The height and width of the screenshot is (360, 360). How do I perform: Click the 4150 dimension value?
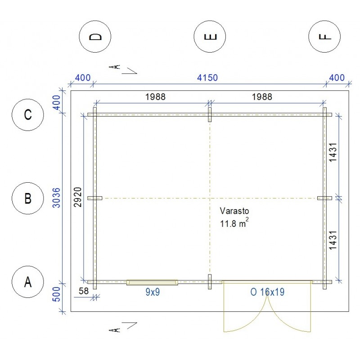(207, 78)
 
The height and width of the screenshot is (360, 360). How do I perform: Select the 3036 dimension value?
(56, 198)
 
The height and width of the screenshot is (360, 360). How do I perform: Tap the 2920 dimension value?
(78, 197)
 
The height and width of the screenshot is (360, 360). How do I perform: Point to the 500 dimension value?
(56, 294)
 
